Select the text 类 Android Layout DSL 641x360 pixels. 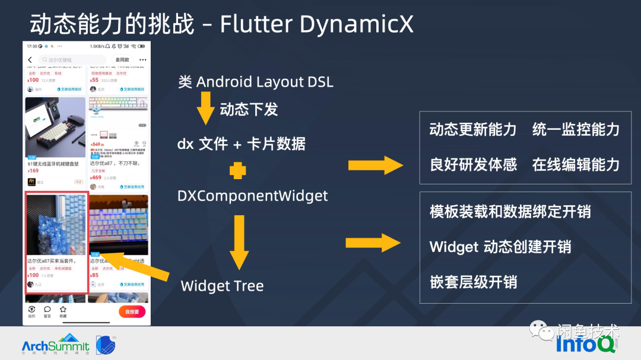tap(255, 82)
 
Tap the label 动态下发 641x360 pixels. tap(249, 109)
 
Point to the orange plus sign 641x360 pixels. tap(237, 171)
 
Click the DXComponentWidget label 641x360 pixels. tap(252, 195)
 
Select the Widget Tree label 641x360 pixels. tap(222, 286)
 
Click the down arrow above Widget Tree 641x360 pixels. tap(239, 243)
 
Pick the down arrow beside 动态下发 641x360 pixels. tap(205, 107)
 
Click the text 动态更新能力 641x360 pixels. tap(473, 130)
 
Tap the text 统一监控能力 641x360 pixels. tap(576, 130)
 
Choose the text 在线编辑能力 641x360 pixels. tap(576, 165)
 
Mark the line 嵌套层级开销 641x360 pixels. tap(473, 282)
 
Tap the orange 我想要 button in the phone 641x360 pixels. tap(132, 312)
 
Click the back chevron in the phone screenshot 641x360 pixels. tap(30, 60)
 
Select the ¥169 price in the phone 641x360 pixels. tap(33, 171)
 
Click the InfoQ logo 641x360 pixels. tap(585, 343)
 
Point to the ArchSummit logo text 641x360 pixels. tap(55, 345)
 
